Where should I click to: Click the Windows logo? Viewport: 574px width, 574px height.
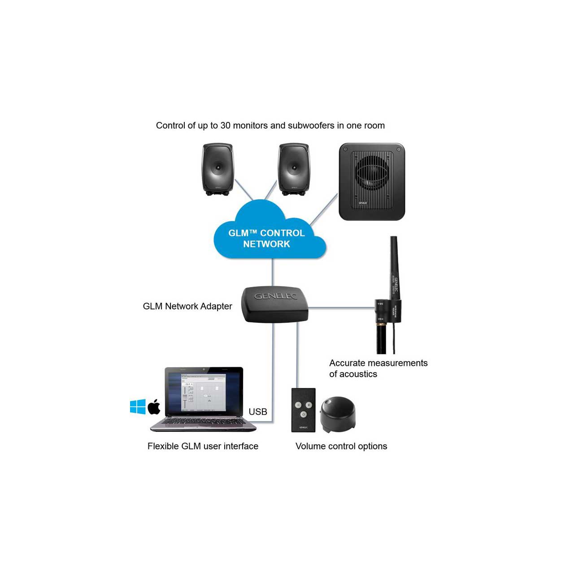pos(138,406)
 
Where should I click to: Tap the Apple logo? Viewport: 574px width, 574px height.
pos(154,406)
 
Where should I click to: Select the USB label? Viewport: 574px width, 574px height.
pos(258,412)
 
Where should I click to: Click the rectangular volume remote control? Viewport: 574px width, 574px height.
pos(304,410)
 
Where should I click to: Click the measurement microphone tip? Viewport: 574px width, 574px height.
pos(393,242)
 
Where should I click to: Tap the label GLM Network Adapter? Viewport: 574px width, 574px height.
pos(187,306)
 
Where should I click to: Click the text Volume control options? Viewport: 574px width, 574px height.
pos(341,446)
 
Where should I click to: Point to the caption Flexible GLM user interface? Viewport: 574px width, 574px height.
pos(203,446)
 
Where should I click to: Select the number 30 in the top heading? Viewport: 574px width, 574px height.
pos(225,126)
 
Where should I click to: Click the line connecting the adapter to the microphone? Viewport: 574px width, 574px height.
pos(341,308)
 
